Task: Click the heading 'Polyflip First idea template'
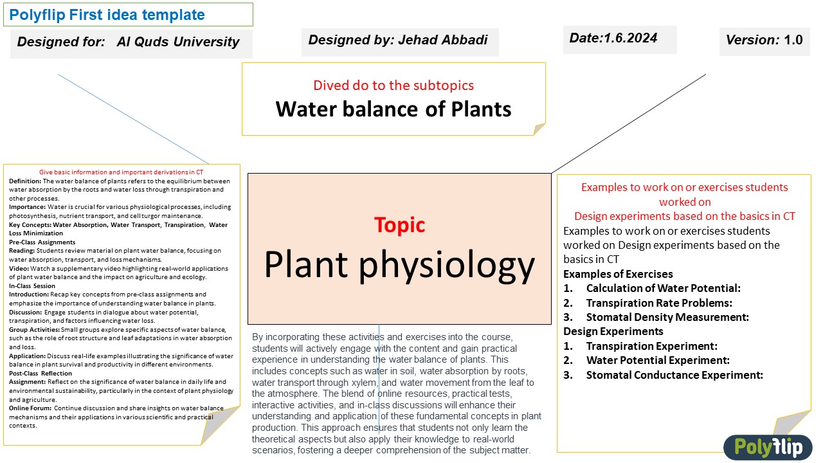tap(107, 15)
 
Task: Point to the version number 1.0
tap(793, 40)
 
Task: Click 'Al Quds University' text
tap(178, 42)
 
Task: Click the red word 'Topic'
tap(399, 225)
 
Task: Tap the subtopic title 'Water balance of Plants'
tap(393, 109)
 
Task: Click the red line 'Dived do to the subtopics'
tap(393, 85)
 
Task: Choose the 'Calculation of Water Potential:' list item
tap(663, 288)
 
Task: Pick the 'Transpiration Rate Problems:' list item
tap(659, 303)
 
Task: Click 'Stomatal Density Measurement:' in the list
tap(667, 317)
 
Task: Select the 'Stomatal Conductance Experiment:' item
tap(674, 375)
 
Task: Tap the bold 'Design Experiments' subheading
tap(613, 332)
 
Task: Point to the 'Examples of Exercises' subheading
tap(618, 274)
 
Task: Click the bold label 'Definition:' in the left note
tap(25, 181)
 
